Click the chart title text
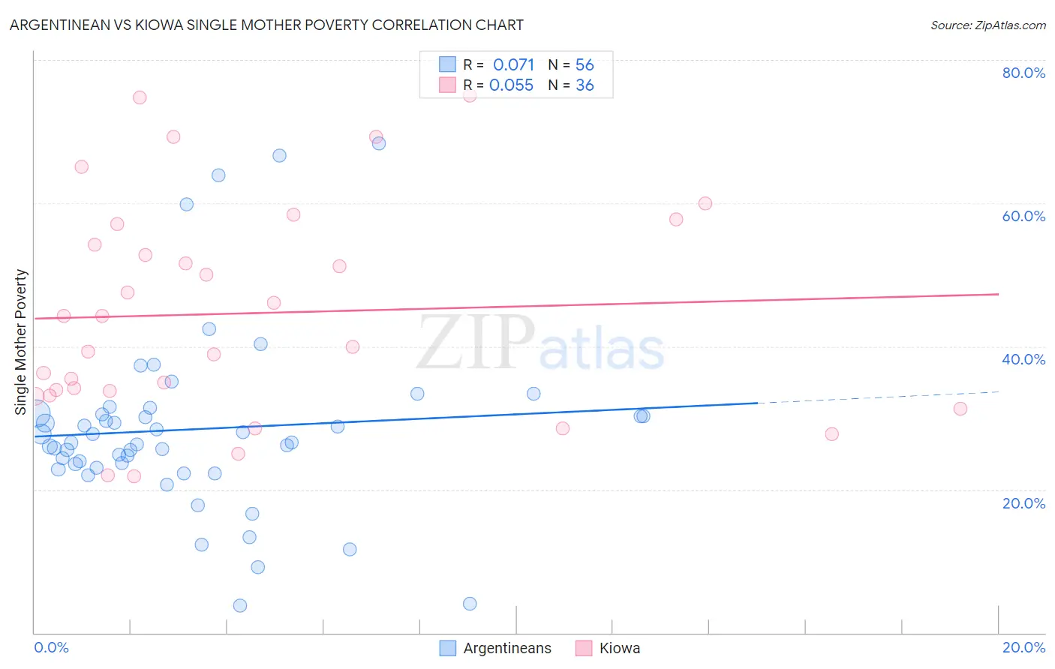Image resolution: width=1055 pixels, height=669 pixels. pos(266,25)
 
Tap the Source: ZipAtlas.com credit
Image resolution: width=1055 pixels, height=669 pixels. pos(987,25)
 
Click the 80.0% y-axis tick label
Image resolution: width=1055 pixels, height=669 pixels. pos(1023,73)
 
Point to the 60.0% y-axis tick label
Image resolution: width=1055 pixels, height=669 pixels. pos(1023,216)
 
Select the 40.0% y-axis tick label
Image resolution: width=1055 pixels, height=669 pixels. pos(1023,359)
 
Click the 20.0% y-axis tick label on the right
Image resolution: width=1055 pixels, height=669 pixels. pos(1023,503)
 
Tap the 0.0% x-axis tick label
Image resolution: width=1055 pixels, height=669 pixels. pos(51,647)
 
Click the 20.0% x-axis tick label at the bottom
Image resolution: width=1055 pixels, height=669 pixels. pos(1023,647)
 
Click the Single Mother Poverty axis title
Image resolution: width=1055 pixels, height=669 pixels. pos(21,342)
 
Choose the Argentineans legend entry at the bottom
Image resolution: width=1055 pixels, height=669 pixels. pos(506,648)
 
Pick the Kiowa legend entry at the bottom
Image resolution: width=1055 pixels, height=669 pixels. pos(619,648)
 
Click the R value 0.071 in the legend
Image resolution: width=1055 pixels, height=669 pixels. pos(513,65)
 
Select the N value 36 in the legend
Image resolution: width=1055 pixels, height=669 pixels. pos(585,85)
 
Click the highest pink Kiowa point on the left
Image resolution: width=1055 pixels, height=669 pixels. pos(140,97)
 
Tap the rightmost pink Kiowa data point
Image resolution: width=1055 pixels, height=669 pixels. pos(960,409)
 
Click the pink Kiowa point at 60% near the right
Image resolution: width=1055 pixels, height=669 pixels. pos(705,203)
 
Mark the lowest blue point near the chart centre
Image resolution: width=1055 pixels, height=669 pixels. pos(470,604)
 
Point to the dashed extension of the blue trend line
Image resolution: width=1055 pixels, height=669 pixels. pos(878,397)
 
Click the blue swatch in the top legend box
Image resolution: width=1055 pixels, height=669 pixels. pos(447,64)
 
